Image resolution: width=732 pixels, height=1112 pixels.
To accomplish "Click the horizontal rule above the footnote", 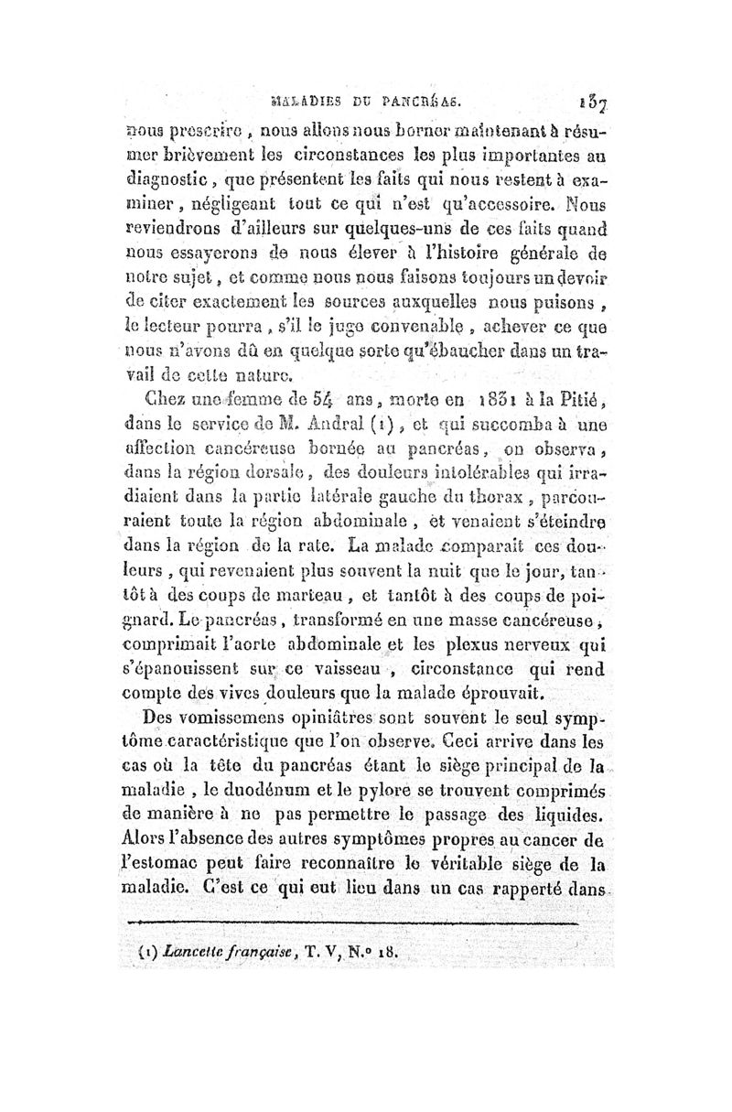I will (x=357, y=923).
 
